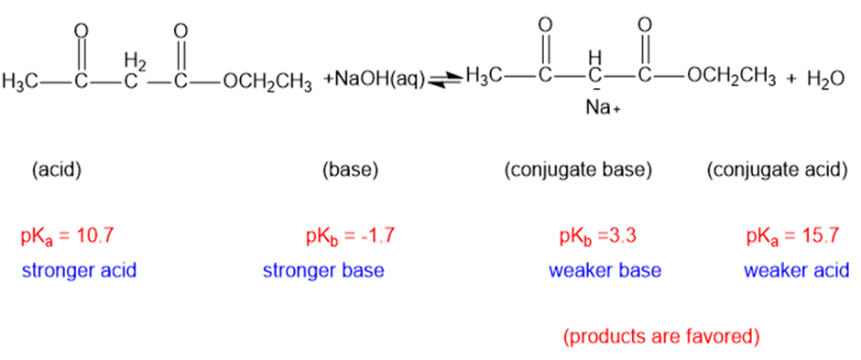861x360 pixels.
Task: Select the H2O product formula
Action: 825,80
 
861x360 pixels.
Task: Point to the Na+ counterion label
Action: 603,108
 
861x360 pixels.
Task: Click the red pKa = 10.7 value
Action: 68,237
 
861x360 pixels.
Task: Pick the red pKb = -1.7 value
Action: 350,237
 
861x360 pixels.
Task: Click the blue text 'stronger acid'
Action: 79,270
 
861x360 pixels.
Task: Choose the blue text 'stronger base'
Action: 323,270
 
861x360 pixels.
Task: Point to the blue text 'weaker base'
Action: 605,270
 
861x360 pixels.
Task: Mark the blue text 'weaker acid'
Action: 796,270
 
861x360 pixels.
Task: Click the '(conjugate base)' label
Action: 578,171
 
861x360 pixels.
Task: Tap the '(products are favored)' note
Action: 661,336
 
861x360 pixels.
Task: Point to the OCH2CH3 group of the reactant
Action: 267,82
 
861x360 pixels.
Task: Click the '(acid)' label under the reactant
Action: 57,171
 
